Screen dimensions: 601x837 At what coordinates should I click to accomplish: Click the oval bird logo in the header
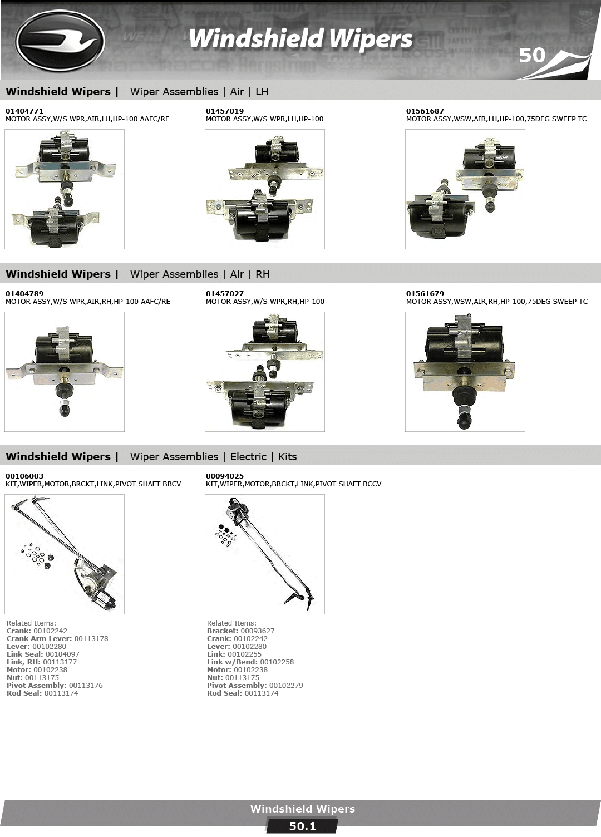[60, 41]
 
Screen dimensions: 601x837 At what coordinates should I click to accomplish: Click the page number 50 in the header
[532, 55]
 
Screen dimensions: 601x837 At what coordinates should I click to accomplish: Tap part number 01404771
[24, 111]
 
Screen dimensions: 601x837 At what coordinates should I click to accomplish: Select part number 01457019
[224, 111]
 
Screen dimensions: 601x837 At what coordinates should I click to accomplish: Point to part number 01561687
[425, 111]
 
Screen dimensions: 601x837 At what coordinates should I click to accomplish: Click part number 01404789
[24, 294]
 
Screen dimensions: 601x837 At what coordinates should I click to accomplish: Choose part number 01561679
[425, 294]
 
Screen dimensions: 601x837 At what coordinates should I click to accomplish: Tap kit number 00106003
[24, 476]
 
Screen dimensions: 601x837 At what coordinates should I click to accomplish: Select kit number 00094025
[224, 476]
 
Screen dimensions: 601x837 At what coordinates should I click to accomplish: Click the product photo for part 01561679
[465, 372]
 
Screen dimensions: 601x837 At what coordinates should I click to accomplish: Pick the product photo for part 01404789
[64, 372]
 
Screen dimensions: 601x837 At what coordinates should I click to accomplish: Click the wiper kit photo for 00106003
[64, 554]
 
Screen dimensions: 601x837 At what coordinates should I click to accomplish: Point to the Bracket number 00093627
[257, 631]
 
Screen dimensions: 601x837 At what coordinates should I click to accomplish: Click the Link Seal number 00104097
[62, 654]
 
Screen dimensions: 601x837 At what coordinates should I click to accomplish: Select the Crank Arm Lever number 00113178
[91, 639]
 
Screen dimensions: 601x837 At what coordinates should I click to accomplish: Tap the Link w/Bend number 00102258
[277, 662]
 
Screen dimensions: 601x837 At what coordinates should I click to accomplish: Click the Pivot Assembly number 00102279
[286, 686]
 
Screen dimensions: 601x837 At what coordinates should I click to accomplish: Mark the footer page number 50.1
[302, 826]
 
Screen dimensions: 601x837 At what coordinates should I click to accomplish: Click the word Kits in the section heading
[287, 457]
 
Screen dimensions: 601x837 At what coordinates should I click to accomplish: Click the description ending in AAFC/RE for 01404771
[87, 119]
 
